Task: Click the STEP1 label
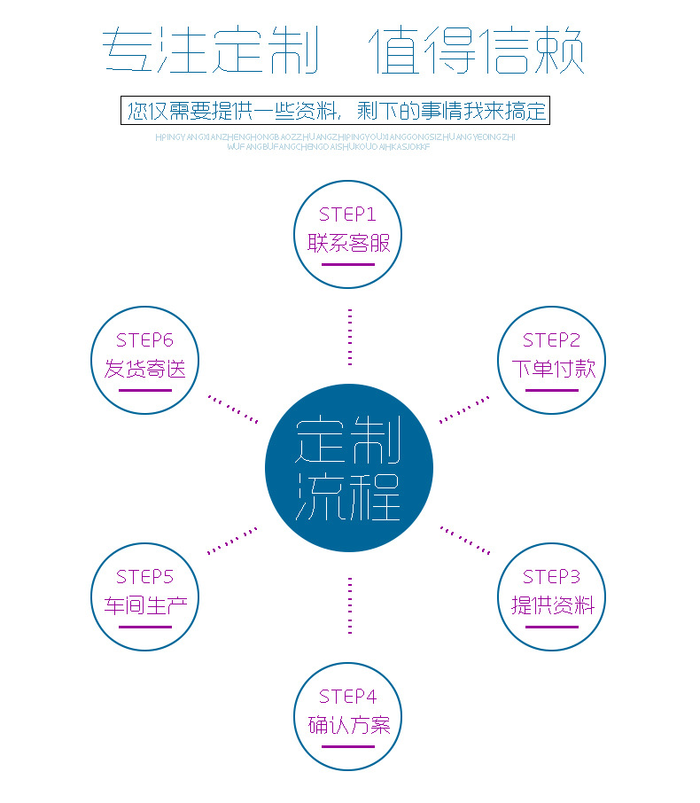[x=348, y=214]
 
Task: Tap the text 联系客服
[x=348, y=242]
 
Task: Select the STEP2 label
[x=551, y=340]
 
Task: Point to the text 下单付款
[x=551, y=369]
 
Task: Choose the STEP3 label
[x=551, y=577]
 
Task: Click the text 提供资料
[x=551, y=605]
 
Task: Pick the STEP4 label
[x=348, y=697]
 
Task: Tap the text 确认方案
[x=348, y=725]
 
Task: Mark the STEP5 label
[x=144, y=577]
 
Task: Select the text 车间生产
[x=144, y=605]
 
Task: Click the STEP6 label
[x=144, y=340]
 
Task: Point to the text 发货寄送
[x=144, y=369]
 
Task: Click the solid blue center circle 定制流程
[x=349, y=468]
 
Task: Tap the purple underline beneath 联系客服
[x=348, y=264]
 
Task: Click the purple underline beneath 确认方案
[x=348, y=746]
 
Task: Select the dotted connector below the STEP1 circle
[x=350, y=337]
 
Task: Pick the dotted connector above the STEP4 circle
[x=350, y=605]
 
